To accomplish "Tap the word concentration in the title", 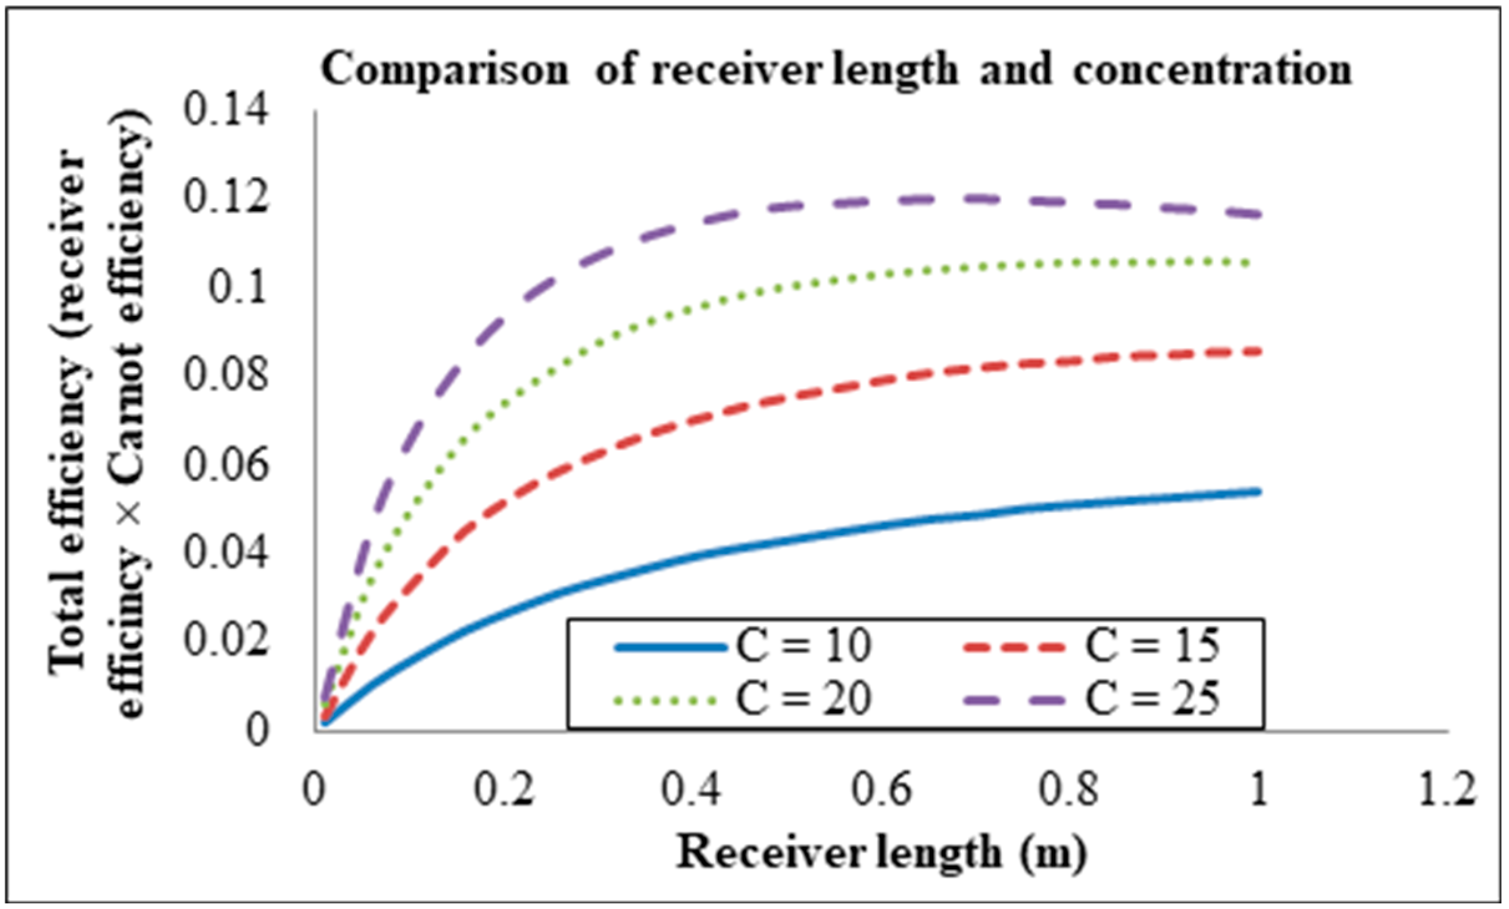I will pos(1212,70).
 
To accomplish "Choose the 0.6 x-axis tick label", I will pos(881,789).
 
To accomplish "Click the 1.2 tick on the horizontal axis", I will pos(1447,789).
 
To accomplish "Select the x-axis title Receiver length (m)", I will pos(881,852).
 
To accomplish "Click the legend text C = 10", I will pos(804,645).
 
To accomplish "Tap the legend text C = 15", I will pos(1153,645).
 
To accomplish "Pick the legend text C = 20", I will pos(804,698).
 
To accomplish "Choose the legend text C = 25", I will pos(1153,698).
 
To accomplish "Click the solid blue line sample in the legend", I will pos(670,648).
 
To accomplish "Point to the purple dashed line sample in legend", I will pos(1014,701).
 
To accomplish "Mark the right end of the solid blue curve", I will pos(1259,492).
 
